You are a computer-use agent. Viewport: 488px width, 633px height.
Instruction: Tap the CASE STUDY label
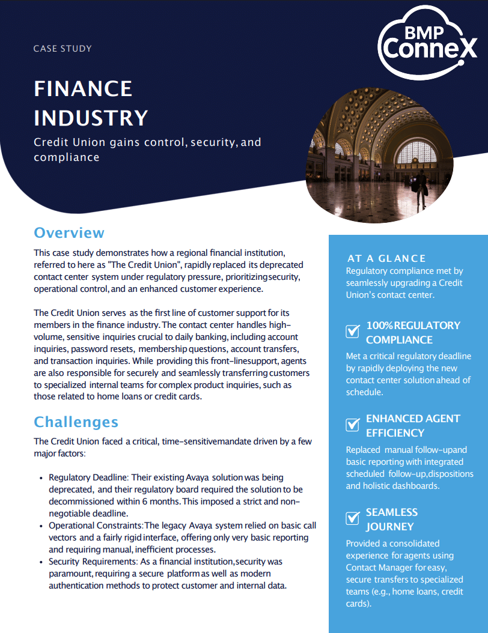(x=63, y=48)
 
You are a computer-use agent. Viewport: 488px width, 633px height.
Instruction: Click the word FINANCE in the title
(x=83, y=89)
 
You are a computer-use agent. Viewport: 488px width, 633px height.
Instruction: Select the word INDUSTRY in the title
(x=91, y=118)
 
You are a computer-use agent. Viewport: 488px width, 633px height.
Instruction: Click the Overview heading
(x=69, y=232)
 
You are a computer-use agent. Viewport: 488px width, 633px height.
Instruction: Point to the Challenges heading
(x=76, y=422)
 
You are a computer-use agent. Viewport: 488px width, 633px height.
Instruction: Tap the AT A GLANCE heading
(x=386, y=258)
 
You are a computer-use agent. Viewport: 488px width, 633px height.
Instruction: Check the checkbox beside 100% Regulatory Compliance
(x=353, y=331)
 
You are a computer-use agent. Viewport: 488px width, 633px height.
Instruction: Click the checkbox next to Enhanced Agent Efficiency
(x=353, y=425)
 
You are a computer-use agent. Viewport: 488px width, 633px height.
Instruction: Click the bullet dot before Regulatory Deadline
(x=41, y=478)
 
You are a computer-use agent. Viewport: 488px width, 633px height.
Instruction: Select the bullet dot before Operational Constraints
(x=41, y=526)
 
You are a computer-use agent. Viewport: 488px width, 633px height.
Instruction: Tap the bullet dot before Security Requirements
(x=41, y=562)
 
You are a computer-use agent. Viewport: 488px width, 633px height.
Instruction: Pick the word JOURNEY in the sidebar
(x=389, y=527)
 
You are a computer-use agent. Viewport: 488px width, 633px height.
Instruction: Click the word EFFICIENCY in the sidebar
(x=395, y=433)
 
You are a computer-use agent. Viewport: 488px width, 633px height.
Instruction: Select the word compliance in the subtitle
(x=66, y=157)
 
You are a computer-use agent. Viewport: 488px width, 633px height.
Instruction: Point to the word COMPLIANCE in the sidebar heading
(x=399, y=340)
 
